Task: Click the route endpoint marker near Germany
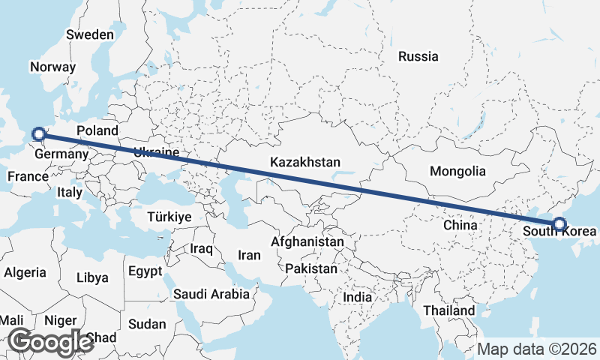click(39, 135)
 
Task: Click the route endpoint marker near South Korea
click(559, 223)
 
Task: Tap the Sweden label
click(90, 34)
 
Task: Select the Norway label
click(52, 67)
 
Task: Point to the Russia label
click(418, 56)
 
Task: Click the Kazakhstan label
click(306, 162)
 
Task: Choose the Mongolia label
click(457, 171)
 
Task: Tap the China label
click(460, 225)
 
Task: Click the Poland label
click(97, 130)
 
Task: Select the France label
click(28, 177)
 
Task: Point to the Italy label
click(70, 192)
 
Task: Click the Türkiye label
click(170, 216)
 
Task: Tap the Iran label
click(249, 255)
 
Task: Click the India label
click(357, 297)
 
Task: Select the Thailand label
click(448, 310)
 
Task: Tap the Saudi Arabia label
click(211, 294)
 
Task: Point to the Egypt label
click(145, 271)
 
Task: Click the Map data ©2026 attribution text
click(537, 349)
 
